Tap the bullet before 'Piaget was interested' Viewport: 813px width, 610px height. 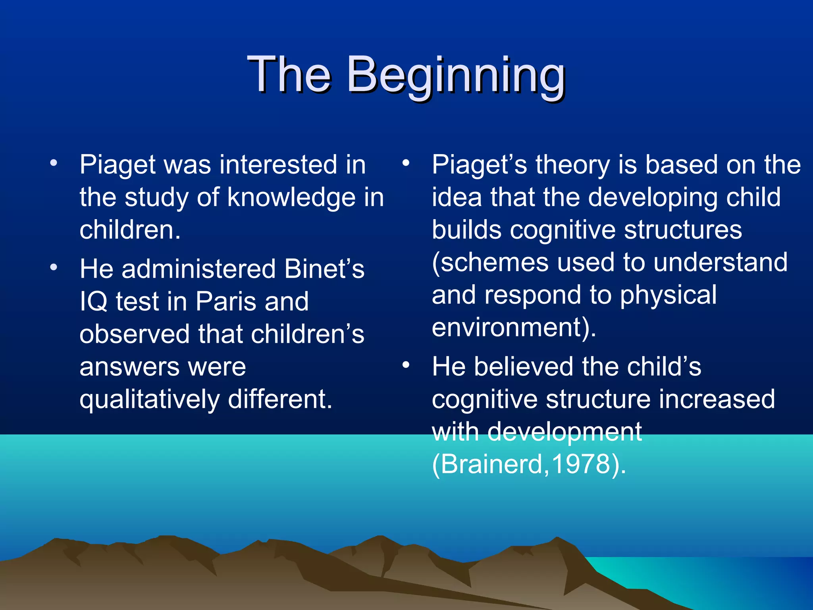54,163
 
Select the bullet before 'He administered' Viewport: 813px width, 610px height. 54,267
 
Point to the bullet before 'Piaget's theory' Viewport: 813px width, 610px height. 405,163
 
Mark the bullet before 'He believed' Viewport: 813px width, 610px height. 405,365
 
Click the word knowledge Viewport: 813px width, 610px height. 291,197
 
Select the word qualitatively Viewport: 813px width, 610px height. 149,400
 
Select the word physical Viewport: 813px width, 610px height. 668,295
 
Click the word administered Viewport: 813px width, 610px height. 198,269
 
